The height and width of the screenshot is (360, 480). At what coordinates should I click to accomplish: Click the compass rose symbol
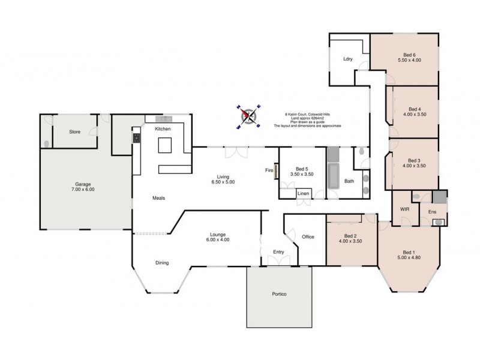coord(249,116)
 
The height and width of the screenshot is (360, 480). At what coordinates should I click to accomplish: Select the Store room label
coord(74,131)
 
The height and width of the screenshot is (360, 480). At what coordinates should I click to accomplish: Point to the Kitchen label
coord(163,129)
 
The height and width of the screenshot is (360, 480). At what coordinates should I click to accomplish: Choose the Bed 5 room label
coord(296,172)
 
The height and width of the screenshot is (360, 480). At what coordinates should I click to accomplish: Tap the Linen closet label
coord(303,193)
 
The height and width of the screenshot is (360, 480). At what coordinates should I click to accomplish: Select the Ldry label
coord(347,59)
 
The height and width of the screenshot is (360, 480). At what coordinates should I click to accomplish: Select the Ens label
coord(431,212)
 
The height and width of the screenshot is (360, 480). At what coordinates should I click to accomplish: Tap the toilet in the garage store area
coord(47,144)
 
